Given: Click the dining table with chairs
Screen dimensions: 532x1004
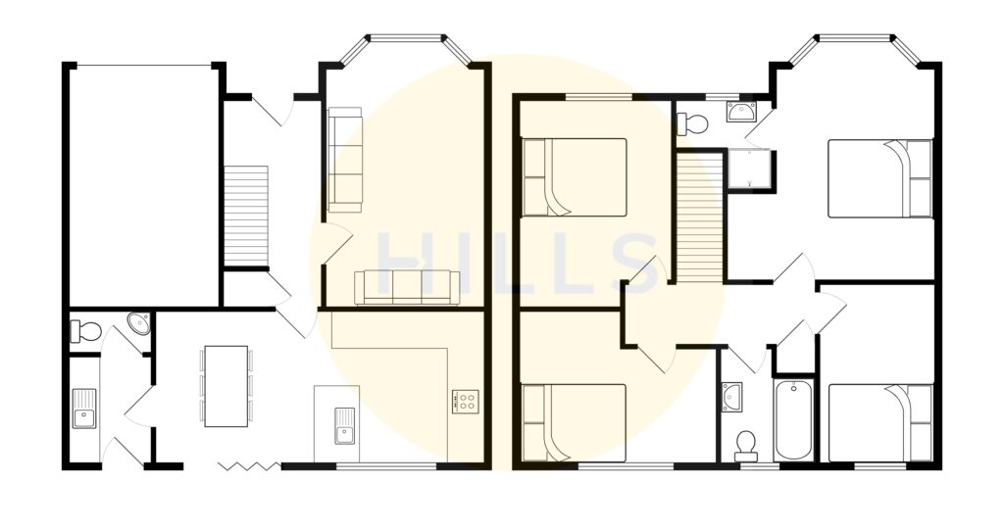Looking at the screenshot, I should (x=226, y=386).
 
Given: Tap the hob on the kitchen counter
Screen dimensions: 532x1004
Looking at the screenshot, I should (x=465, y=401).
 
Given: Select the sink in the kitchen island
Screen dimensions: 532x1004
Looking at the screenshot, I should (x=344, y=423).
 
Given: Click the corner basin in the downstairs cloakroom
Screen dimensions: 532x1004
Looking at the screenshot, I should (x=140, y=323).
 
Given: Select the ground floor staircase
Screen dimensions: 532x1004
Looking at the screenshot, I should (x=246, y=216).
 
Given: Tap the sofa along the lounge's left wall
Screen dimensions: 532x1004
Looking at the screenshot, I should (x=343, y=159).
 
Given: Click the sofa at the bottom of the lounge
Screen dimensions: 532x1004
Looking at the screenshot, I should (x=407, y=287).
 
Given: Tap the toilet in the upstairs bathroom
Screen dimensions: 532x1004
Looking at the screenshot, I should (x=746, y=445).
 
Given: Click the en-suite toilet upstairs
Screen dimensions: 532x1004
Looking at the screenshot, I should (x=693, y=123).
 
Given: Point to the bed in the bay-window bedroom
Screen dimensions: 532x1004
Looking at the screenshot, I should (x=879, y=177).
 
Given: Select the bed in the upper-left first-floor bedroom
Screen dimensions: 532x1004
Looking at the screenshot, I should (x=574, y=176).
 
